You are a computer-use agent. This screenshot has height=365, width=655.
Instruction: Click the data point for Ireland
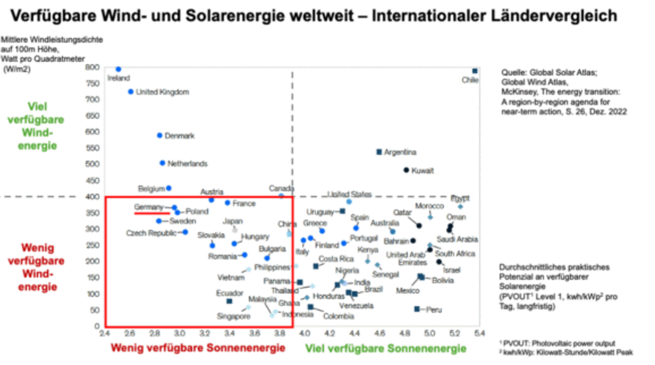click(x=118, y=70)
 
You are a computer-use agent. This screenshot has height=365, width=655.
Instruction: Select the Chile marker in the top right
click(x=475, y=71)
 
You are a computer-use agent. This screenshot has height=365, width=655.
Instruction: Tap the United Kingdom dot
click(x=131, y=92)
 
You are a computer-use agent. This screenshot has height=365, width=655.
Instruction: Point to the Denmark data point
click(x=160, y=136)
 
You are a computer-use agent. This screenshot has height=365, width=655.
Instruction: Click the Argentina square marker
click(x=378, y=152)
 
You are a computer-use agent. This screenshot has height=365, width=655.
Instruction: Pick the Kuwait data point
click(x=406, y=170)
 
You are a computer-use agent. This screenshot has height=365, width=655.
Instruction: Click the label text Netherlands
click(x=187, y=164)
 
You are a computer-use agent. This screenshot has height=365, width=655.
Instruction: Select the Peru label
click(x=434, y=310)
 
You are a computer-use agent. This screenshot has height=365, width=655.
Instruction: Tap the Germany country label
click(x=149, y=207)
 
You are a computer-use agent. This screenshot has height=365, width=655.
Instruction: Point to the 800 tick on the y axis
click(x=92, y=67)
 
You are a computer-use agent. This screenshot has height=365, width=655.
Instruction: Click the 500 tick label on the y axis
click(x=92, y=164)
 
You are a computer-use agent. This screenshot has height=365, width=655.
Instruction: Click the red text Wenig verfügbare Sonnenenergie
click(x=198, y=348)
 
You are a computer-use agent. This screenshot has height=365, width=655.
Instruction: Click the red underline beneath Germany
click(x=152, y=214)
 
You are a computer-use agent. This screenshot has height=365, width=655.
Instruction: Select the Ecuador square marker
click(x=229, y=301)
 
